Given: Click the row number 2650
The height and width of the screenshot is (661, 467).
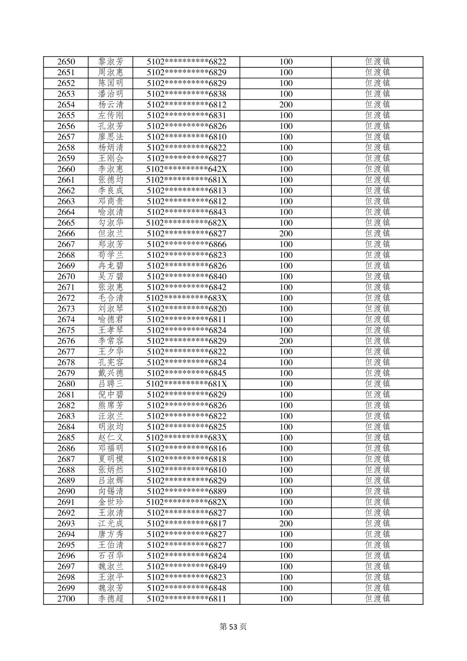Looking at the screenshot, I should [66, 62].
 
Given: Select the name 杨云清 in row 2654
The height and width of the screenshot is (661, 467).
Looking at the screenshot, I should [111, 105].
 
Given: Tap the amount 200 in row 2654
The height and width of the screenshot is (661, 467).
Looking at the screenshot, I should [286, 105].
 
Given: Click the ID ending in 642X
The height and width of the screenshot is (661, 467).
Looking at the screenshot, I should [187, 169].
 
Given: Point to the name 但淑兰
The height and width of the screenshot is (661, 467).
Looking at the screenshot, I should [111, 234].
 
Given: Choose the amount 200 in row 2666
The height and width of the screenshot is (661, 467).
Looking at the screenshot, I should [286, 234].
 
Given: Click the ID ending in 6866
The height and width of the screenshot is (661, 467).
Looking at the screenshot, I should [187, 244].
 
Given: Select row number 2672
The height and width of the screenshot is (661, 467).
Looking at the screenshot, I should [66, 298].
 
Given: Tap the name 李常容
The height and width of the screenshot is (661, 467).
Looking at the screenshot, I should [111, 341].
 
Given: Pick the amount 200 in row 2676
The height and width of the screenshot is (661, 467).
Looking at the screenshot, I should [286, 341].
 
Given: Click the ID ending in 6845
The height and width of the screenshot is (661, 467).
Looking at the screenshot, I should [187, 373].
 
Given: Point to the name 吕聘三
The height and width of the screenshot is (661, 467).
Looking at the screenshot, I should [111, 384].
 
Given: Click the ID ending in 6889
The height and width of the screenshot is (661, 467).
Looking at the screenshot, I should [187, 491].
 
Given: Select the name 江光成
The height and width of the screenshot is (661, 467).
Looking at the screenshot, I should [111, 524].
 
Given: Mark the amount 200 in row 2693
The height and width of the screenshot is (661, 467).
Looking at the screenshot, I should [286, 524].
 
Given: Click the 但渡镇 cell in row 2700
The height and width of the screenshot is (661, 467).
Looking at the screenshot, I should [377, 599].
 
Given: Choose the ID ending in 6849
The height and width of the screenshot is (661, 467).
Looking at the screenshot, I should [187, 567].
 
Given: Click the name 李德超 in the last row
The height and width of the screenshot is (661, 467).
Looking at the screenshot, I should [111, 599].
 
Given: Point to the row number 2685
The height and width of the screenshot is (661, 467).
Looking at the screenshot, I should [66, 438].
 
